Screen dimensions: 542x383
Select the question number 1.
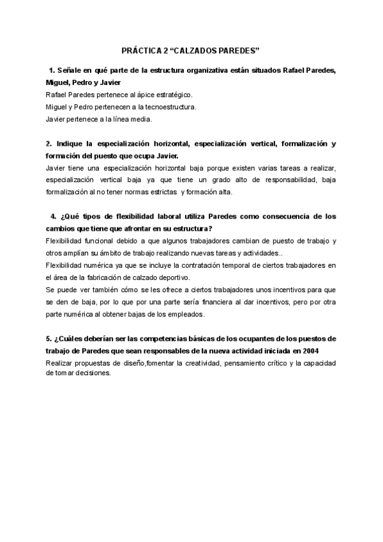click(50, 70)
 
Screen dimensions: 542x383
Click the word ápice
click(140, 95)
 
